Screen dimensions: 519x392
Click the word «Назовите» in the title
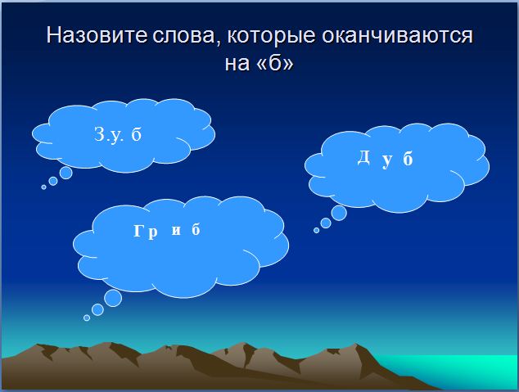(97, 34)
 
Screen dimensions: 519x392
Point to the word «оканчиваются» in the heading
(397, 36)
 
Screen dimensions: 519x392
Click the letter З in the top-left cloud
(100, 134)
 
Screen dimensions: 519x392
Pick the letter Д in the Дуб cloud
(363, 157)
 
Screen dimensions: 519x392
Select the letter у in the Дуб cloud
(387, 161)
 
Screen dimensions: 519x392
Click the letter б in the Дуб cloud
(408, 159)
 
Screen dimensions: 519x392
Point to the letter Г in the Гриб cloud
(138, 231)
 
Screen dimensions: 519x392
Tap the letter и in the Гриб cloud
(176, 231)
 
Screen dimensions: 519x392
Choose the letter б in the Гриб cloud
(196, 229)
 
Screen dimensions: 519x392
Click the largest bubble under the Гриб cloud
(113, 298)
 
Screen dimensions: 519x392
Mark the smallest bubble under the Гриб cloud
(87, 318)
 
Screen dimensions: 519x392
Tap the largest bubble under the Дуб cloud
(339, 213)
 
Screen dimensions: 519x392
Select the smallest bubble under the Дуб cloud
(317, 230)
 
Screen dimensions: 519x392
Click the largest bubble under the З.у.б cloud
(65, 173)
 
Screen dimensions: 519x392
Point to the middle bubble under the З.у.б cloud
(53, 181)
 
